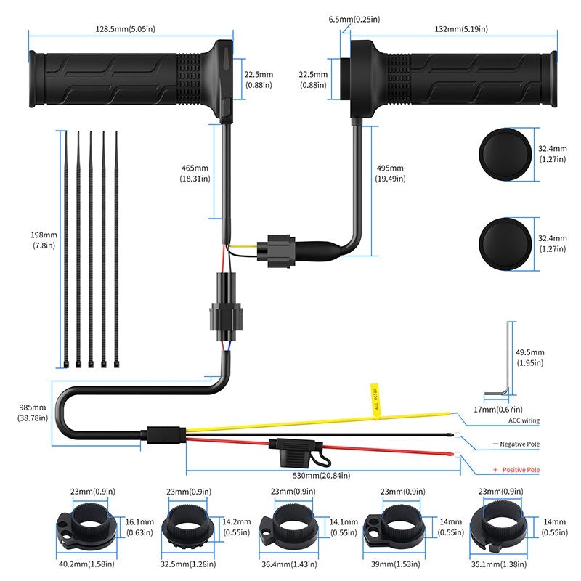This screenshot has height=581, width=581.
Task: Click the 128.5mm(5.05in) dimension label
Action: point(125,29)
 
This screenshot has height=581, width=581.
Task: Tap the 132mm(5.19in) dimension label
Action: point(461,29)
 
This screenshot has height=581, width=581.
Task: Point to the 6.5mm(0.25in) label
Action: point(354,20)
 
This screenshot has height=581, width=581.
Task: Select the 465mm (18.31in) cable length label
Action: point(195,174)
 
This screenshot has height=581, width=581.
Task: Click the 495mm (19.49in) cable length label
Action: point(390,174)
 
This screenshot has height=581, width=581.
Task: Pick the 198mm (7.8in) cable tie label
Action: point(44,240)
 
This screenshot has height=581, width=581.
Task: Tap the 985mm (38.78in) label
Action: point(33,413)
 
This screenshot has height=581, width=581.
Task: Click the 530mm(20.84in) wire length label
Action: point(321,476)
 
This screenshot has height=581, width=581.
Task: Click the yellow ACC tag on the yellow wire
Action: point(375,402)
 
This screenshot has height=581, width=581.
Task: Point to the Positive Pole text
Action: point(521,470)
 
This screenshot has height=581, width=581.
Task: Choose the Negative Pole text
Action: point(519,444)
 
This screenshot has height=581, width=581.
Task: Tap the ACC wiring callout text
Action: point(524,420)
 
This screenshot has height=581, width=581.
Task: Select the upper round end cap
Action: point(505,155)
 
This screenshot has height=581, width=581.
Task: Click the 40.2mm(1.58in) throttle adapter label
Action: point(86,564)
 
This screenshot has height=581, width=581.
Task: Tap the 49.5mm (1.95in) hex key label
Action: point(530,357)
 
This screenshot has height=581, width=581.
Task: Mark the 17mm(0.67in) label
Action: point(498,410)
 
